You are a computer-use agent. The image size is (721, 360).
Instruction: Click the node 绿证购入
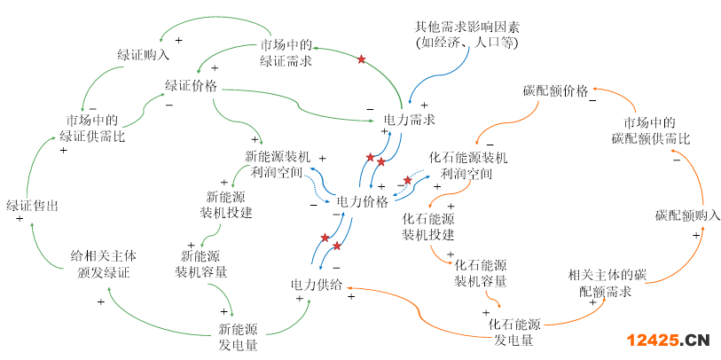pos(143,54)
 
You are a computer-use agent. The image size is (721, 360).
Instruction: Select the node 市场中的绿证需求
pos(284,53)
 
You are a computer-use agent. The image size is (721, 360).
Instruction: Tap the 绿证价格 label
pos(192,86)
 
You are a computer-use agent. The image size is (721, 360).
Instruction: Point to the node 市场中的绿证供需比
pos(92,129)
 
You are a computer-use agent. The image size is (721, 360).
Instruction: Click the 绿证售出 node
pos(32,206)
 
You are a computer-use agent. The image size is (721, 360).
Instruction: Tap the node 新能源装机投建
pos(226,205)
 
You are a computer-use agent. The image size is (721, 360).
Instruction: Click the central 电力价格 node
pos(363,201)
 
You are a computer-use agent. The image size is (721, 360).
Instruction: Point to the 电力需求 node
pos(409,119)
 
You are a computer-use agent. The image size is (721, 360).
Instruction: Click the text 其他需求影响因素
pos(466,35)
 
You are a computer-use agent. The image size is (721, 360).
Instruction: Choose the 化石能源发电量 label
pos(515,330)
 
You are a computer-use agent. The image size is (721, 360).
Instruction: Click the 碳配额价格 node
pos(556,92)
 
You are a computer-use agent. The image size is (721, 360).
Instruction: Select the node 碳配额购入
pos(688,215)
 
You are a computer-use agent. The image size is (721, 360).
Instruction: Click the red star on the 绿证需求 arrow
pos(361,59)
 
